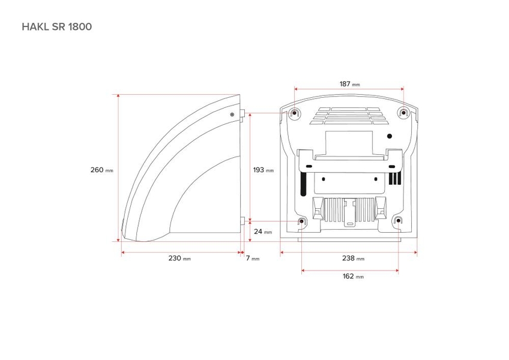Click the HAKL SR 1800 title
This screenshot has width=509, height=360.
(57, 26)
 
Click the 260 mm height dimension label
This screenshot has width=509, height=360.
(102, 170)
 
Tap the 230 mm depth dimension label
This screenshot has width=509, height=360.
(179, 259)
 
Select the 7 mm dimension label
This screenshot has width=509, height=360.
(253, 259)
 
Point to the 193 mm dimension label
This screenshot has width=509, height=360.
(264, 170)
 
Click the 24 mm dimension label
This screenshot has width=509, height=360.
(263, 232)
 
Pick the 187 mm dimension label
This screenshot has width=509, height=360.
(349, 84)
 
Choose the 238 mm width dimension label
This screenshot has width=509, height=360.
(353, 259)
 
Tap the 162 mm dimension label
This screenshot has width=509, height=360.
(353, 276)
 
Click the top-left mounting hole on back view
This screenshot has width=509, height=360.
(295, 113)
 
